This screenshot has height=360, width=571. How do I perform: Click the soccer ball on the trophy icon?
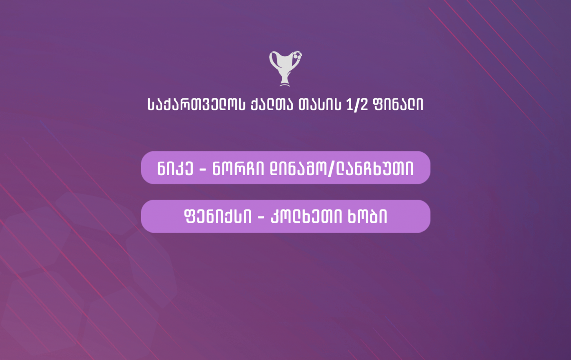pos(297,55)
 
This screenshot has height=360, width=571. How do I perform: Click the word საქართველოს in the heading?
pos(196,104)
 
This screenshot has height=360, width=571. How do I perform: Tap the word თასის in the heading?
pos(320,104)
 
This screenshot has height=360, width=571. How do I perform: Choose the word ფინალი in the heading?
pos(398,104)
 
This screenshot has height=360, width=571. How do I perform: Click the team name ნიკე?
pos(175,169)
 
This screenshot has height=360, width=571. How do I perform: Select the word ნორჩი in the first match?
pos(238,169)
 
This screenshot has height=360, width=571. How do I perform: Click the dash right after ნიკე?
pos(203,169)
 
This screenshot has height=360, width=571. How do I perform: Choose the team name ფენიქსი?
pos(218,217)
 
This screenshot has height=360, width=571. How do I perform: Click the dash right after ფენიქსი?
pos(261,218)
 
